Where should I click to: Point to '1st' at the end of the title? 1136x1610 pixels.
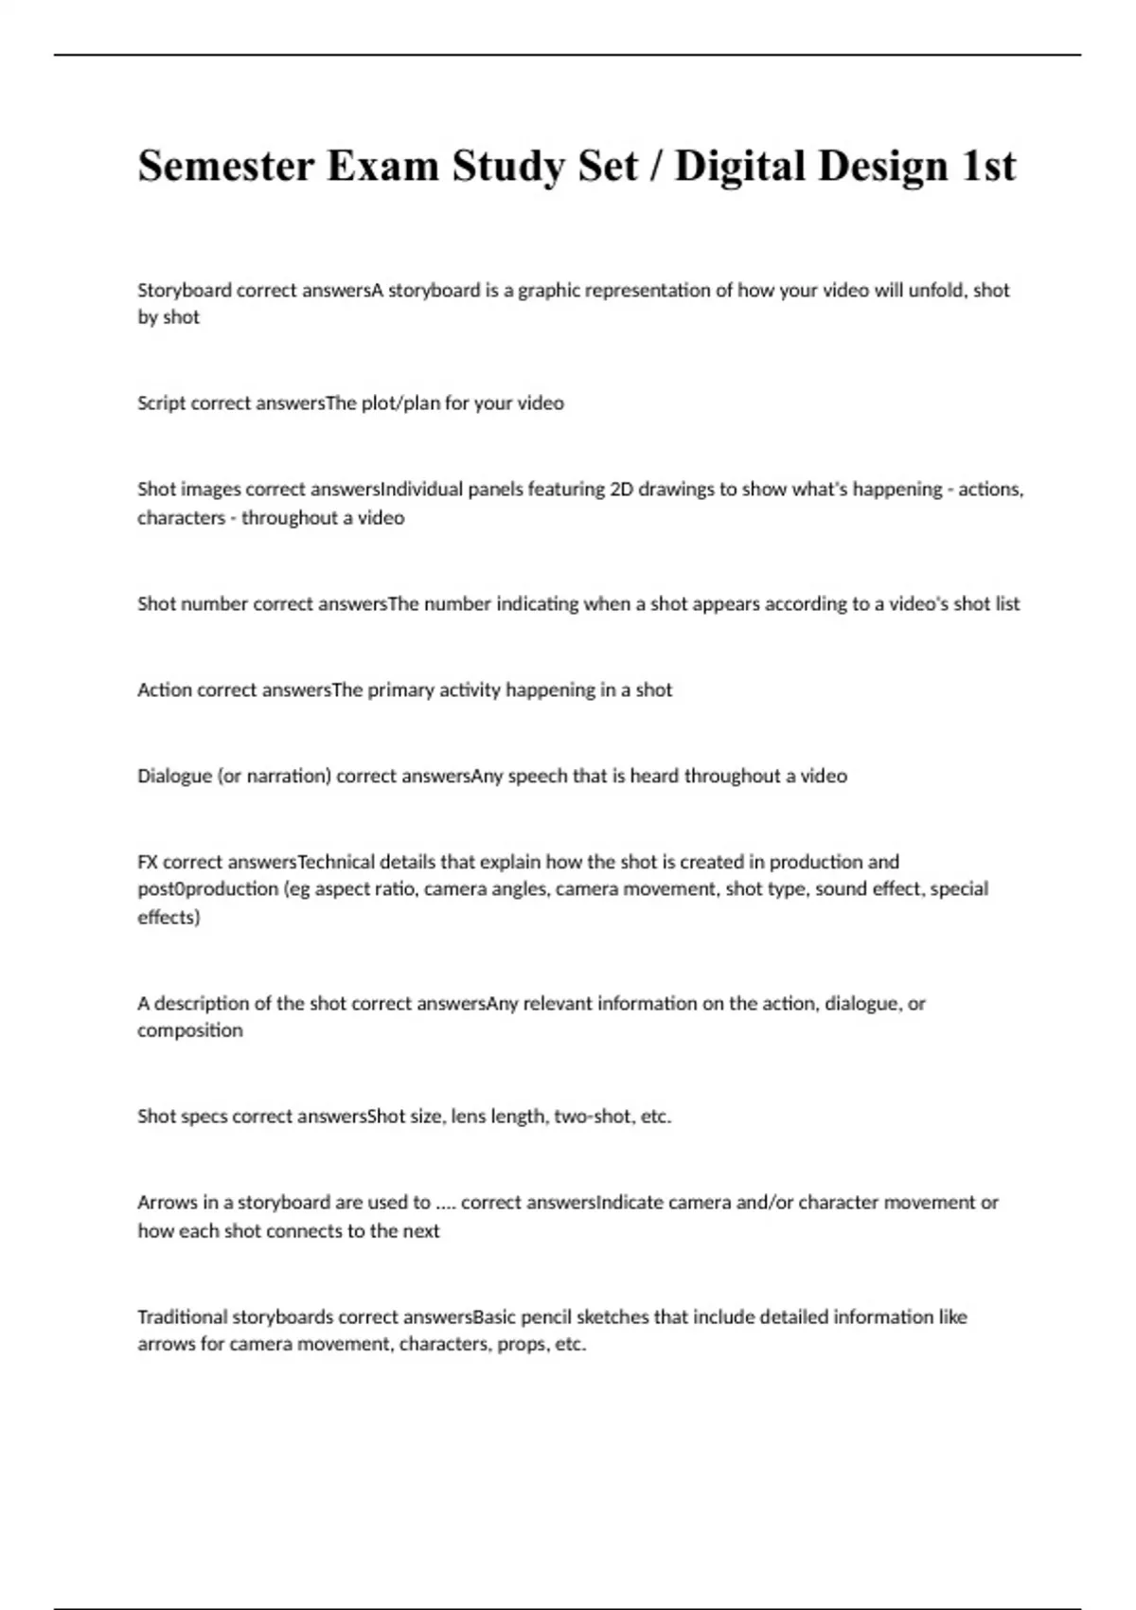988,167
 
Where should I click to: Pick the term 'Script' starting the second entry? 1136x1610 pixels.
162,403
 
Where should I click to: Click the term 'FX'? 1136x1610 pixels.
148,863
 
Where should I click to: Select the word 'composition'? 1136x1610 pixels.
190,1030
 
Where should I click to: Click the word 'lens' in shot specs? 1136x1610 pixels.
468,1117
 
